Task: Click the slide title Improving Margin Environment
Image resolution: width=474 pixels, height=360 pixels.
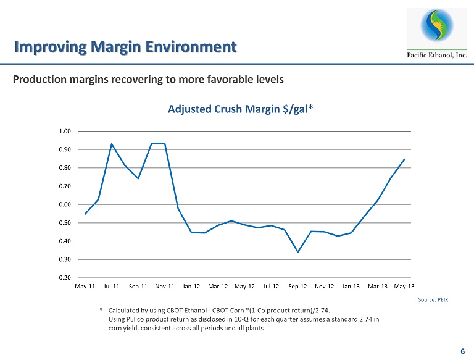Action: [125, 46]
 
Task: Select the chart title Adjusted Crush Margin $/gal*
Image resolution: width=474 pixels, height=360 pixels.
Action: [240, 109]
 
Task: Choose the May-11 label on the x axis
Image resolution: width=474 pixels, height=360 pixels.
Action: [85, 287]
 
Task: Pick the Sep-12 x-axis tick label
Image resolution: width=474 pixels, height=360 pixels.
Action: [298, 287]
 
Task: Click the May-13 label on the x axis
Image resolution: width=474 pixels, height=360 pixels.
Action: [404, 287]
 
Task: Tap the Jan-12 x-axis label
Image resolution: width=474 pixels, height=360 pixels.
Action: [192, 287]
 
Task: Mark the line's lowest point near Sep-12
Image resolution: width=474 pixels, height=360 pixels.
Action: [298, 252]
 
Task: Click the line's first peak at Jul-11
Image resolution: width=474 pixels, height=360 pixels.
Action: [112, 144]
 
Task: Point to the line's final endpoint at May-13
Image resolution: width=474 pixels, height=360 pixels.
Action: [404, 159]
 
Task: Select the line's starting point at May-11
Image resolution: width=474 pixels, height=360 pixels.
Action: [85, 214]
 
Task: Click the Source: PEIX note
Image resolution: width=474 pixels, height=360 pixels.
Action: [435, 299]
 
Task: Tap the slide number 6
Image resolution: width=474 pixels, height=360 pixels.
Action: [462, 351]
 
